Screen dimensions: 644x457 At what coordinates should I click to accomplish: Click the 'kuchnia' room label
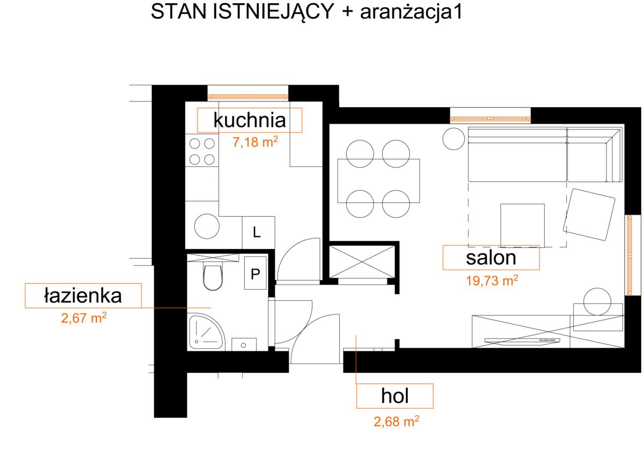[250, 120]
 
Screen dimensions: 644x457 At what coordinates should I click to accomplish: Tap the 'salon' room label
[491, 257]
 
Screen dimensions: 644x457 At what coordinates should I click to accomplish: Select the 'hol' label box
[395, 396]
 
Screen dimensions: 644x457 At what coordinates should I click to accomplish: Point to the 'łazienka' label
[83, 296]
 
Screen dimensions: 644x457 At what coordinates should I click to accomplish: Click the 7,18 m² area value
[255, 142]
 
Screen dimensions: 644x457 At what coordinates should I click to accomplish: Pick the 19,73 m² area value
[492, 281]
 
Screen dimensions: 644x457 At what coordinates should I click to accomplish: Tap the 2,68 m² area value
[397, 422]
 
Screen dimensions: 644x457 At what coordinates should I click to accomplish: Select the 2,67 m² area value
[84, 318]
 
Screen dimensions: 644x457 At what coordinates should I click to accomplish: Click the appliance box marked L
[258, 233]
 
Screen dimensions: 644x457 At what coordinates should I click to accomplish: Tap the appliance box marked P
[255, 273]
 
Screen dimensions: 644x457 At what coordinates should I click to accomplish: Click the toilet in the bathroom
[213, 277]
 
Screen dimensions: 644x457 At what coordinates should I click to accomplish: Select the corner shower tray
[206, 333]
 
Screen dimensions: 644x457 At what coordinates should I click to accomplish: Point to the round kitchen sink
[207, 226]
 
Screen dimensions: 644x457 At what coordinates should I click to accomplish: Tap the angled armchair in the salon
[589, 215]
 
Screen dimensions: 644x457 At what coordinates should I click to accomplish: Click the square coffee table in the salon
[522, 225]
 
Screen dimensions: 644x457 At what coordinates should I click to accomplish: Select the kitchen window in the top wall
[248, 97]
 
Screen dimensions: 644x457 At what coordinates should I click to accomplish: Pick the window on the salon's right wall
[630, 255]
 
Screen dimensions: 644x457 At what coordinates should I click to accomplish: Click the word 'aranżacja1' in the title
[411, 12]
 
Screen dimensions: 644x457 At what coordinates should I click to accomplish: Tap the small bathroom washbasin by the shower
[244, 344]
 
